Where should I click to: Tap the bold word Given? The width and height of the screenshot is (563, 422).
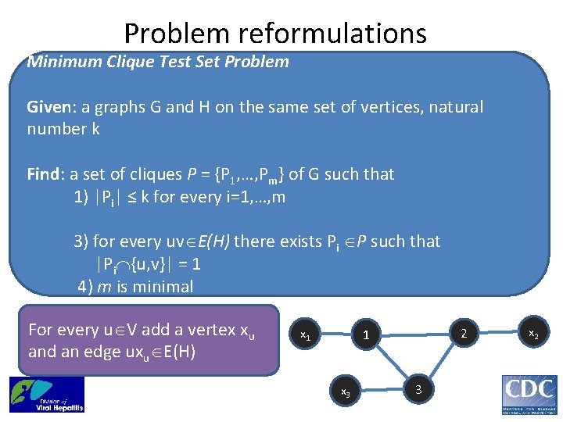click(51, 106)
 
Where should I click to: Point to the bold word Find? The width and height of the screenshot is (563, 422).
click(45, 173)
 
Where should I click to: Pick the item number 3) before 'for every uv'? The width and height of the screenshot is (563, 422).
click(84, 241)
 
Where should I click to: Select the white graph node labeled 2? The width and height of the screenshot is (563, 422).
click(463, 334)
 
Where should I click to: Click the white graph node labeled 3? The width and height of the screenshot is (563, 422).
click(419, 388)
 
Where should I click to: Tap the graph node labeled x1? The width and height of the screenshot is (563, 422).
click(307, 334)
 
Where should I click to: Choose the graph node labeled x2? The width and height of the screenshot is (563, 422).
click(533, 334)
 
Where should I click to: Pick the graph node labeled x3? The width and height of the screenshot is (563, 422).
click(343, 390)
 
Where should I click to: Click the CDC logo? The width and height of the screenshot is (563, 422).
click(529, 394)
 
